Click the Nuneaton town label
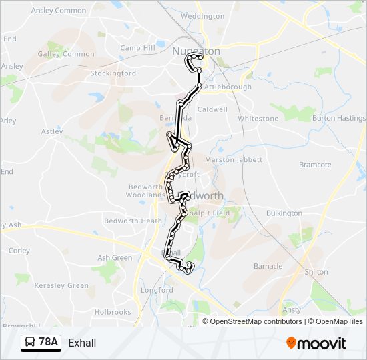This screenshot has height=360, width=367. point(196,51)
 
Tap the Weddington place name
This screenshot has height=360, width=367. point(202,16)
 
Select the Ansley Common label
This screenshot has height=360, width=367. point(58,11)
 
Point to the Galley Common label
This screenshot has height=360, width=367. point(66,54)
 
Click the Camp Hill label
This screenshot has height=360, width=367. point(137,48)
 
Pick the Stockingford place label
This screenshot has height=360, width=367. point(113,73)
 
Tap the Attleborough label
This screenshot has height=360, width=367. point(228,87)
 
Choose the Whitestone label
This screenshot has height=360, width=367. point(258,119)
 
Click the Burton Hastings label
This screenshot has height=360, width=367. point(339,119)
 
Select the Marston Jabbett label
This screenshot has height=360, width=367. point(230,160)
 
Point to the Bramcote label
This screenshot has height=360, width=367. point(315,165)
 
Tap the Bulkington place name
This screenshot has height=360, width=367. point(284,213)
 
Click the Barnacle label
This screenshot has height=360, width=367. point(268,266)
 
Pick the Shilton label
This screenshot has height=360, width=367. point(316,272)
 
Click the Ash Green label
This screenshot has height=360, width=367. point(115,258)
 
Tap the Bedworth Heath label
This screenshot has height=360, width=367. point(133,221)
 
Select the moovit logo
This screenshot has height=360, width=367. point(316,343)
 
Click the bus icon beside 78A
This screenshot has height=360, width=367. point(31,343)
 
